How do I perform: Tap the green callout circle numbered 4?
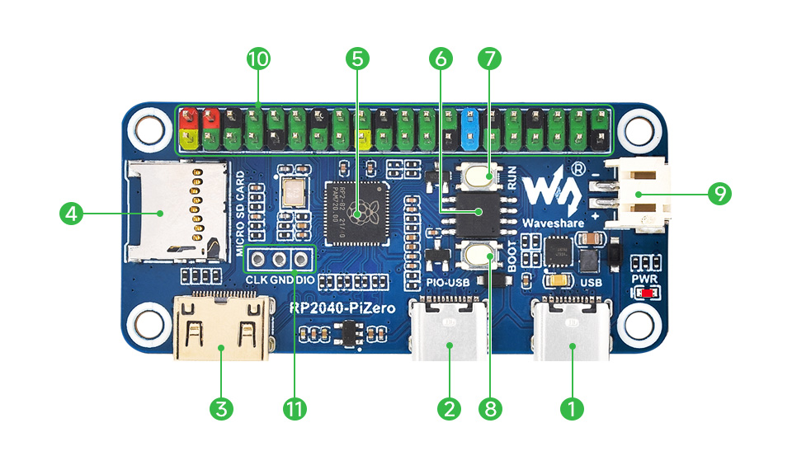point(72,214)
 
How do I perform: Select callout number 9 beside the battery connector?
point(719,194)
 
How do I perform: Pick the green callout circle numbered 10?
point(258,59)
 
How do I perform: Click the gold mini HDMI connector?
point(220,327)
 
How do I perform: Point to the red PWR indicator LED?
point(648,293)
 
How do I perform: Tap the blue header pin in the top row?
point(472,117)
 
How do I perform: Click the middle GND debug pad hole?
point(279,260)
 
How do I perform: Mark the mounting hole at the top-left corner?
point(149,129)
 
